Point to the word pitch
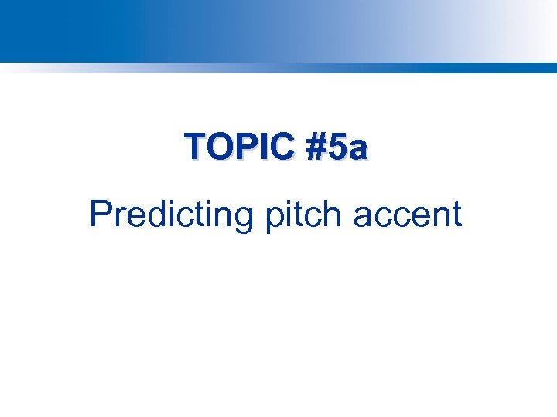coord(304,215)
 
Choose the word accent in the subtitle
coord(407,215)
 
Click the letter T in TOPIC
coord(193,147)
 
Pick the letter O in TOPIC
coord(216,147)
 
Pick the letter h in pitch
coord(333,215)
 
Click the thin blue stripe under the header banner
coord(278,67)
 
